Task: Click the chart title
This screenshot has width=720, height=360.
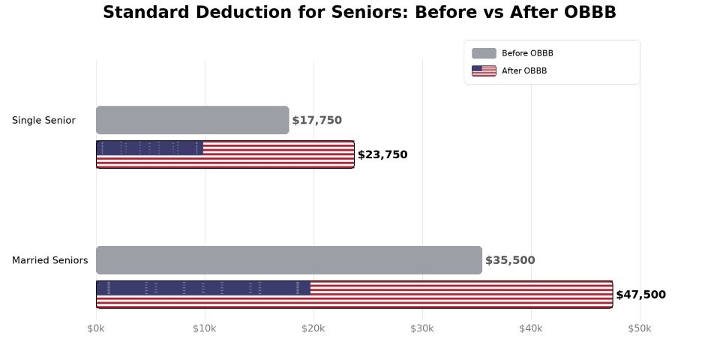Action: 359,13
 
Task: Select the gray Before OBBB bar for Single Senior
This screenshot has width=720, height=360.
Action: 192,120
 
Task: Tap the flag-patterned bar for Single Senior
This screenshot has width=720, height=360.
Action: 225,154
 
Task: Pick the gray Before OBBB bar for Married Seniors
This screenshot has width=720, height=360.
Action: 289,260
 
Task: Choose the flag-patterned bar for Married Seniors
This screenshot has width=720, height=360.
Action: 354,295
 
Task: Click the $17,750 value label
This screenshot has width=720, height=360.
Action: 316,120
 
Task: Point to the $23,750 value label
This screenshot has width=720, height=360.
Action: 382,154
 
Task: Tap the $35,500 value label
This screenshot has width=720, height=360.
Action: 510,260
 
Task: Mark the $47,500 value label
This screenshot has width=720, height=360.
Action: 640,295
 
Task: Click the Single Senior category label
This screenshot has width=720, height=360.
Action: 43,120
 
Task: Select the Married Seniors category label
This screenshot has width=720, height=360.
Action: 49,260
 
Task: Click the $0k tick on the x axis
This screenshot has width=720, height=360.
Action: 96,328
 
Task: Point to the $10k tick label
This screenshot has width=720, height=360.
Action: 205,328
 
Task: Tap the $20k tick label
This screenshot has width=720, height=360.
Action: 313,328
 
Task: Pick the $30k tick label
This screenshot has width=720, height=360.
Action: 422,328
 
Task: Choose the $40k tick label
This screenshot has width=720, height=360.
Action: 531,328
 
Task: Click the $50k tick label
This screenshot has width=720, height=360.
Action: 640,328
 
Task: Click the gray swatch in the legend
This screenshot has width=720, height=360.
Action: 484,53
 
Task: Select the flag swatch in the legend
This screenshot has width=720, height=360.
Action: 484,70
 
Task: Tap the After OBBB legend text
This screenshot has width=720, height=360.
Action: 524,70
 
